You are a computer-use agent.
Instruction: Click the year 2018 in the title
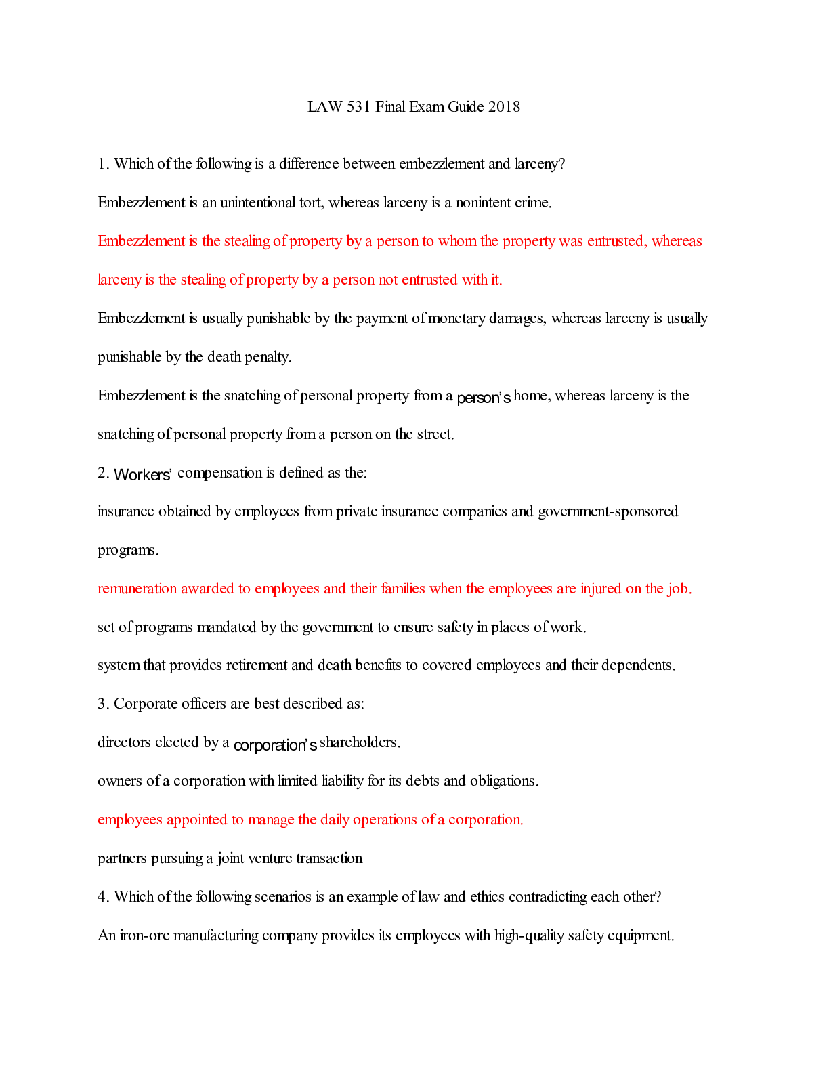[x=504, y=106]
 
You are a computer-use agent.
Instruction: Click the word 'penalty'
[x=268, y=357]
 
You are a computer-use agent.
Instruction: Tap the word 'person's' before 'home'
[x=484, y=398]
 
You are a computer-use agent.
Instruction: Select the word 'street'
[x=435, y=434]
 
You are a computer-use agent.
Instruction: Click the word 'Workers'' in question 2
[x=143, y=474]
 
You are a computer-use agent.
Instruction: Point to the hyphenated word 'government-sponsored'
[x=608, y=511]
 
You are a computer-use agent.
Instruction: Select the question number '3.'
[x=104, y=704]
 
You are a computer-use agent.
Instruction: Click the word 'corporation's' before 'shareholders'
[x=275, y=745]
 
